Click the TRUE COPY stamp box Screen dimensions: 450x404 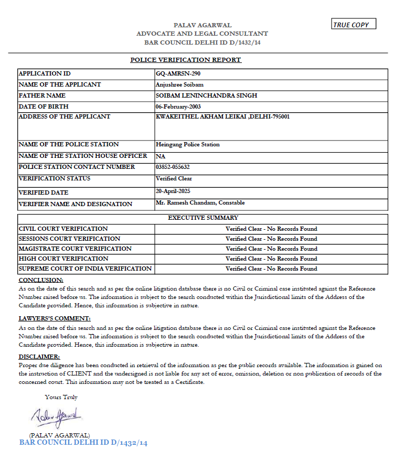(x=354, y=24)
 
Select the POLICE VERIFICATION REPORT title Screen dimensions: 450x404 (x=186, y=60)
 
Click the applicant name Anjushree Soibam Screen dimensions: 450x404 (x=179, y=84)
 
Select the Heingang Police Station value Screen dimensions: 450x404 (x=188, y=144)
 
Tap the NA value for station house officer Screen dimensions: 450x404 (x=161, y=156)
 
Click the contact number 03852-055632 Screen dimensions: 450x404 (x=173, y=167)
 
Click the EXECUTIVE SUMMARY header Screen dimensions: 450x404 (x=203, y=218)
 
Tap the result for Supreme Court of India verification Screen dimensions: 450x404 (x=271, y=269)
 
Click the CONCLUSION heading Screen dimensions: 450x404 (x=41, y=280)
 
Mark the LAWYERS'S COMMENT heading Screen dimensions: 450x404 (x=55, y=318)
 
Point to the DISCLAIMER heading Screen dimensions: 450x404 (x=39, y=357)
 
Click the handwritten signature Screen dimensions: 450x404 (x=56, y=417)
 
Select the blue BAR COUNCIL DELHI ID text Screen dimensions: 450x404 (x=83, y=443)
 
